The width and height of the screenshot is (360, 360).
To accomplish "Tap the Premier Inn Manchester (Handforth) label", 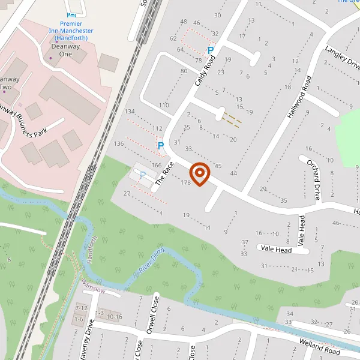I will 71,34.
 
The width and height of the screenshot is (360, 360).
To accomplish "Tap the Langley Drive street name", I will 343,58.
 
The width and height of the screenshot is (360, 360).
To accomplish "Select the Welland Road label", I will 320,346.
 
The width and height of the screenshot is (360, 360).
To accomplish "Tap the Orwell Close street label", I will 157,309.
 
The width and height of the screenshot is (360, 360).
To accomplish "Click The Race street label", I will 164,172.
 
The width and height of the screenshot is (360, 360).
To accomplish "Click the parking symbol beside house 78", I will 210,51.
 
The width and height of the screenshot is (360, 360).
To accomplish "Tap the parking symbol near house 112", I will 160,145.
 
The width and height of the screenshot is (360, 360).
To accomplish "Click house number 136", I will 119,143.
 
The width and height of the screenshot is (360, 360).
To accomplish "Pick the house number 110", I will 164,105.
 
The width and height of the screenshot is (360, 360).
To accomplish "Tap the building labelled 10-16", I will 114,316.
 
